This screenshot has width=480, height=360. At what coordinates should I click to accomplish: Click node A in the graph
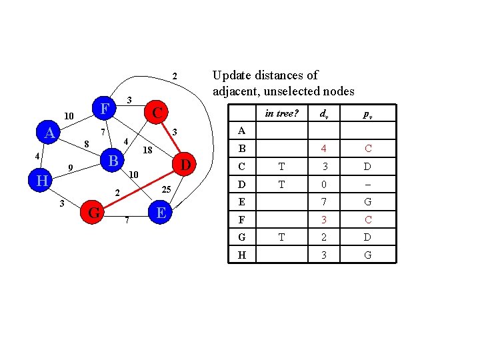pyautogui.click(x=49, y=133)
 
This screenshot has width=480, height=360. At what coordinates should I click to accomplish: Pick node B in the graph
pyautogui.click(x=113, y=161)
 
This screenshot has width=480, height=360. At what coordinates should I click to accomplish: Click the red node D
pyautogui.click(x=187, y=164)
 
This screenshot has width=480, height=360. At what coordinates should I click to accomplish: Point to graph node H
pyautogui.click(x=42, y=181)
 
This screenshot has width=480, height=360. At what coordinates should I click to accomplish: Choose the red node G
pyautogui.click(x=95, y=213)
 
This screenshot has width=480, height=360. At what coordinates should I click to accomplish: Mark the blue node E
pyautogui.click(x=160, y=213)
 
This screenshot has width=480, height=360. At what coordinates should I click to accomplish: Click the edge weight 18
pyautogui.click(x=148, y=151)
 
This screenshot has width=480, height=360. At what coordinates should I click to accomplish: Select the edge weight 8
pyautogui.click(x=86, y=144)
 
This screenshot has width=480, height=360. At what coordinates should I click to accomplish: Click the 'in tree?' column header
pyautogui.click(x=281, y=113)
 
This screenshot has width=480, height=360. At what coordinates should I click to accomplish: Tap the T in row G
pyautogui.click(x=281, y=237)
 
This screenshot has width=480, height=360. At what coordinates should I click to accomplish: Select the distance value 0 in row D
pyautogui.click(x=324, y=184)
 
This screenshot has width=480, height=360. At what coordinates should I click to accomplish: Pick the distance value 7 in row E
pyautogui.click(x=324, y=202)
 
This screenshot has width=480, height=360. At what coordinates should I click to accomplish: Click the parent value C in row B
pyautogui.click(x=367, y=149)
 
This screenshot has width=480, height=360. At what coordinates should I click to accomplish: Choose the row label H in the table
pyautogui.click(x=241, y=255)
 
